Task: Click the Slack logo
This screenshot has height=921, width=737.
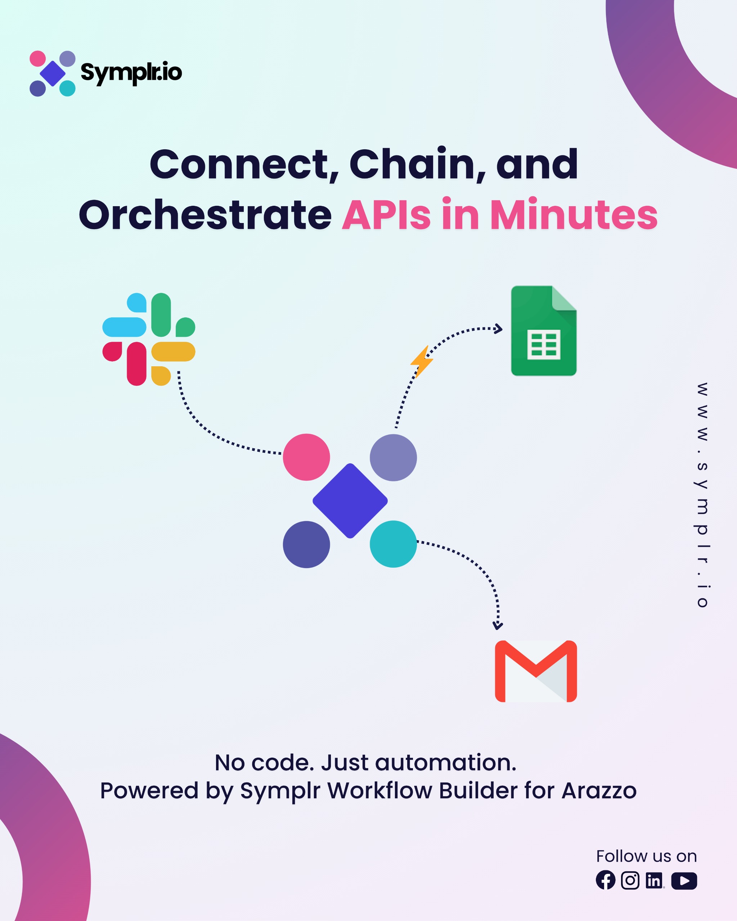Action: (149, 339)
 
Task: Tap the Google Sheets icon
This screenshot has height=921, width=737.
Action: (543, 331)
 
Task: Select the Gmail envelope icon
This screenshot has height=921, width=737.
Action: (536, 671)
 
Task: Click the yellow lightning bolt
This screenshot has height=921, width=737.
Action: (422, 362)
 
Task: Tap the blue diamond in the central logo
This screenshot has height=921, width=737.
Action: (350, 501)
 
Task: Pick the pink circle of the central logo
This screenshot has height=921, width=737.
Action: (306, 457)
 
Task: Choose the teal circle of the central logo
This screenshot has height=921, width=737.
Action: (393, 544)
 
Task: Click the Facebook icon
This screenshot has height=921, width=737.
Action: (605, 880)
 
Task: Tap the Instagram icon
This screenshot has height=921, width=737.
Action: (630, 880)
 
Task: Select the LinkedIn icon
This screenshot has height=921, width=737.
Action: (654, 880)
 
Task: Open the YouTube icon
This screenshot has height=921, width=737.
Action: (684, 880)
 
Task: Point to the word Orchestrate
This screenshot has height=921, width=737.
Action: (205, 215)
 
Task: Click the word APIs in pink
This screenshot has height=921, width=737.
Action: (386, 215)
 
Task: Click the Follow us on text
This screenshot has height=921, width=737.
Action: (646, 856)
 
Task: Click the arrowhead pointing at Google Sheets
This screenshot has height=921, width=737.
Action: (498, 329)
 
